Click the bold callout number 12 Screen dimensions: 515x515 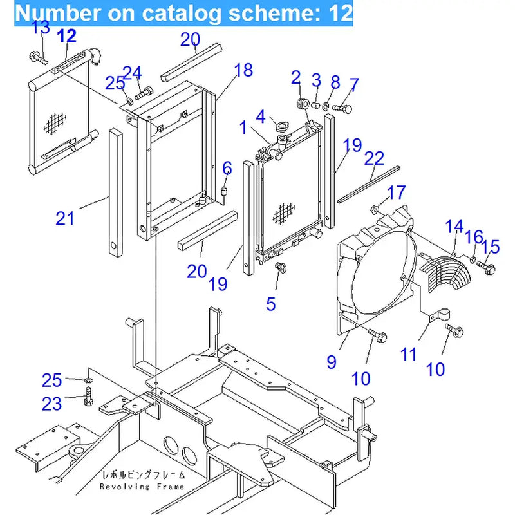click(x=66, y=36)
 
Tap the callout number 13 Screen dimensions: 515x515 click(x=40, y=28)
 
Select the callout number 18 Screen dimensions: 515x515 click(x=243, y=70)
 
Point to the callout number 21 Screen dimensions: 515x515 click(x=65, y=219)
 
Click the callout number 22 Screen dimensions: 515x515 click(x=374, y=158)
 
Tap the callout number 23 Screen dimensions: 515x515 click(x=51, y=404)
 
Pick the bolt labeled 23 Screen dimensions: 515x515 click(x=88, y=399)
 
